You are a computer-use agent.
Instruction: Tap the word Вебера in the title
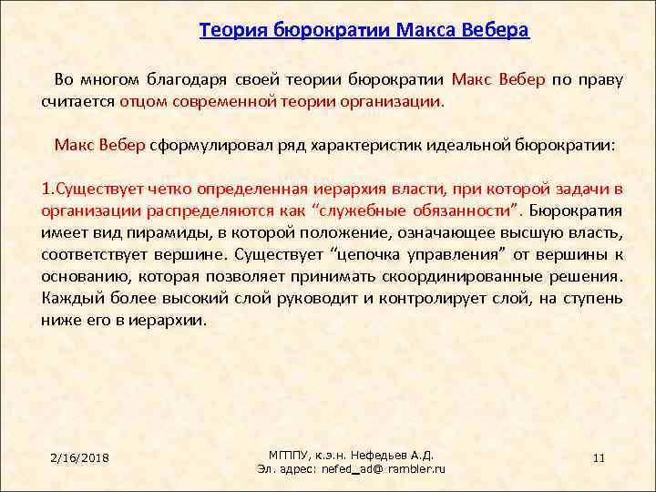tap(496, 30)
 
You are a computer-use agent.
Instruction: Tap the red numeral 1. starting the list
tap(48, 189)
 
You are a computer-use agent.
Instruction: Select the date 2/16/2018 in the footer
tap(80, 456)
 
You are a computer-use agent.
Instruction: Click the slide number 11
tap(599, 456)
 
